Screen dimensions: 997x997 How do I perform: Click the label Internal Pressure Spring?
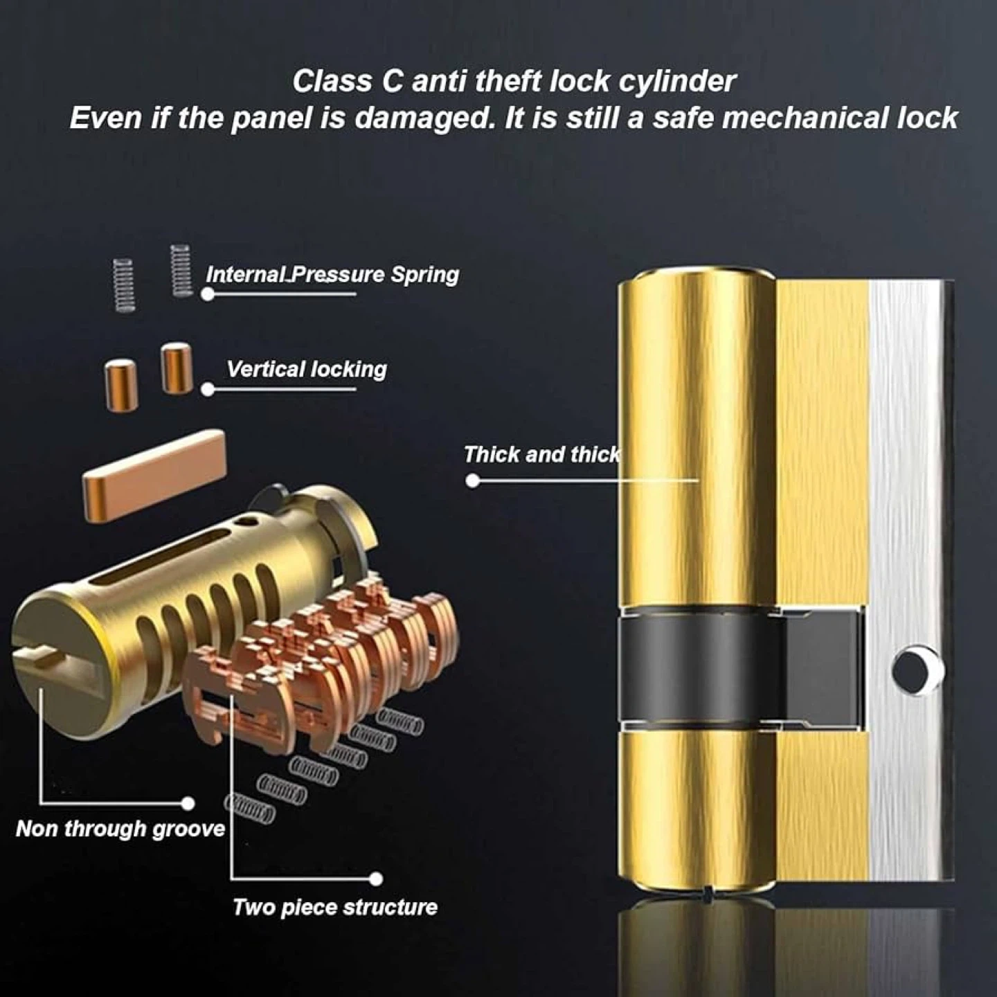pyautogui.click(x=332, y=274)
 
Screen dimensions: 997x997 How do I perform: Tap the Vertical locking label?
pyautogui.click(x=306, y=370)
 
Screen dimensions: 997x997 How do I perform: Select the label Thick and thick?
pyautogui.click(x=541, y=454)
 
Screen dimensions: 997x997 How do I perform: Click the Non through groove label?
pyautogui.click(x=120, y=828)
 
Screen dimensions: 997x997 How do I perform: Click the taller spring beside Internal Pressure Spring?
pyautogui.click(x=181, y=271)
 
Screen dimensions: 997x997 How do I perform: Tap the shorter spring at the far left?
pyautogui.click(x=124, y=285)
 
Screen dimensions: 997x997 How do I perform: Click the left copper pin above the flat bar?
pyautogui.click(x=121, y=385)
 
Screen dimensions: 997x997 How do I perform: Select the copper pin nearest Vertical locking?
pyautogui.click(x=177, y=368)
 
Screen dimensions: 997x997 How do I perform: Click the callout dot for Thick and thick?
pyautogui.click(x=472, y=480)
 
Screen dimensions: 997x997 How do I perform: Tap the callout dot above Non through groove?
pyautogui.click(x=188, y=803)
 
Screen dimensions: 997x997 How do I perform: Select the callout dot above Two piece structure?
pyautogui.click(x=377, y=878)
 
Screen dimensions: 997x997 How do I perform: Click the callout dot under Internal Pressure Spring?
pyautogui.click(x=208, y=294)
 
